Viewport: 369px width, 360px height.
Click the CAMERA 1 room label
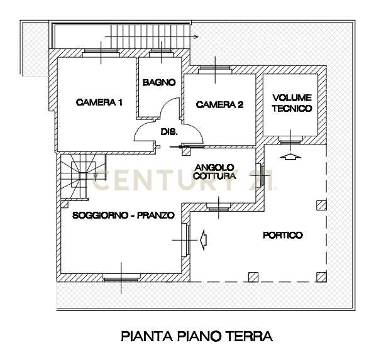(x=99, y=102)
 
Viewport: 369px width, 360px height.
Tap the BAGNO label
(x=159, y=82)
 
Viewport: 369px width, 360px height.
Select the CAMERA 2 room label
(x=219, y=105)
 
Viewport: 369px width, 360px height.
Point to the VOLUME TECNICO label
(x=292, y=103)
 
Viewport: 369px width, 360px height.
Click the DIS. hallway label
(x=169, y=132)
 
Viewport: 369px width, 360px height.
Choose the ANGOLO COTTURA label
(x=214, y=172)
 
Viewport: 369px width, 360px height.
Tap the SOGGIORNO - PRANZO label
(x=124, y=215)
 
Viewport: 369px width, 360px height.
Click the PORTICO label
(x=283, y=235)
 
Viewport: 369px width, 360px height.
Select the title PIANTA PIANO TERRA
(x=197, y=336)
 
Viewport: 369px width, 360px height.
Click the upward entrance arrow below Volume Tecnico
(x=290, y=156)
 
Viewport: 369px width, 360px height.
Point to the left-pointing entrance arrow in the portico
(x=203, y=240)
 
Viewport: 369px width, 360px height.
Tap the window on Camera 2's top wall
(x=216, y=69)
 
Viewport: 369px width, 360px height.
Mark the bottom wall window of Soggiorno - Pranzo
(x=121, y=278)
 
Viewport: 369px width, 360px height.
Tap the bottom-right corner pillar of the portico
(x=321, y=277)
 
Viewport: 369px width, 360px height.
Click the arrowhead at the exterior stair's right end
(x=196, y=36)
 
